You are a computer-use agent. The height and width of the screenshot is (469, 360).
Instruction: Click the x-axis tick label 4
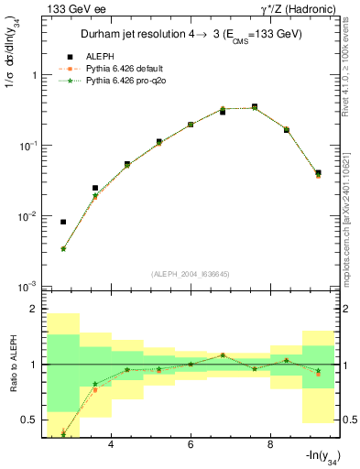pyautogui.click(x=111, y=445)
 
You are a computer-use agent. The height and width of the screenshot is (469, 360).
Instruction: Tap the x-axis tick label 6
pyautogui.click(x=190, y=445)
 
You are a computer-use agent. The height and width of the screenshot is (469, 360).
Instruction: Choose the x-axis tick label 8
pyautogui.click(x=269, y=445)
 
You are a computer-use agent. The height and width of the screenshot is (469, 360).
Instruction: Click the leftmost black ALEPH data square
pyautogui.click(x=63, y=222)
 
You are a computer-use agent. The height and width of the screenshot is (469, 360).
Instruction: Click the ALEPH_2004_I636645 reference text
pyautogui.click(x=190, y=275)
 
